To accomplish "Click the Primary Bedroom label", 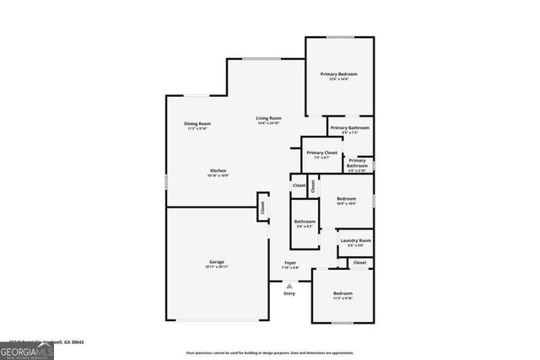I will coord(338,74).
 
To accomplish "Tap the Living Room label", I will coord(269,118).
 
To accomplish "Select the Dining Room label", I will coord(197,124).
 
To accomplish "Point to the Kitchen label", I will coord(218,171).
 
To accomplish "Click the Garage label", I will coord(217,261).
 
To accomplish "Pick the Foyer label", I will coord(289,263).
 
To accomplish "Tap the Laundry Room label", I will coord(355,241).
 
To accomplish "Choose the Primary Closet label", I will coord(321,153).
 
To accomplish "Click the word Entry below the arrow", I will coord(289,293).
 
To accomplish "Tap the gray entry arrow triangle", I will coord(289,286).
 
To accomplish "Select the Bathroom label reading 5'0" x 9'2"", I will coord(305,222).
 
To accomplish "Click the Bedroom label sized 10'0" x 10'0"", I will coord(347,199).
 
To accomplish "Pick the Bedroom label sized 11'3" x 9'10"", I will coord(342,293).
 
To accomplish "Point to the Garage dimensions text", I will coord(217,266).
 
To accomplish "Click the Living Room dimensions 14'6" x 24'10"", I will coord(269,123).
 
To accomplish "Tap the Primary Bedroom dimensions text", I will coord(338,79).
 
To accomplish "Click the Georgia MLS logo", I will coord(27,348).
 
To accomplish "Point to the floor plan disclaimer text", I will coord(269,352).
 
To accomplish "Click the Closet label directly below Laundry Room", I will coord(359,263).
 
